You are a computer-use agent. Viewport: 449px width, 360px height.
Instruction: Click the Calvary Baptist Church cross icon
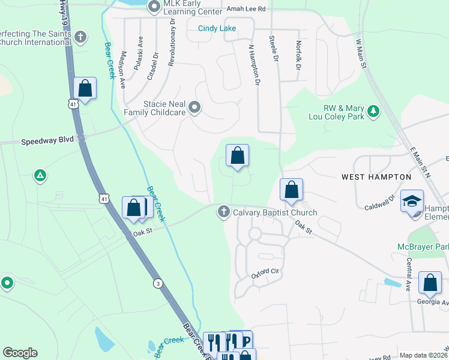click(224, 211)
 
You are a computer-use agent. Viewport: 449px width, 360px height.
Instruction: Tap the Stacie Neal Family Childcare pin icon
click(194, 108)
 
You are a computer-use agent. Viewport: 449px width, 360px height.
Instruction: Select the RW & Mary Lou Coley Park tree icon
click(374, 111)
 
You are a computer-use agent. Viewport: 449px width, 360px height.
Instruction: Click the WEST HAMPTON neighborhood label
click(376, 177)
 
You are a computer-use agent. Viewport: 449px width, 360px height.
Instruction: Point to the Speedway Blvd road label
click(47, 142)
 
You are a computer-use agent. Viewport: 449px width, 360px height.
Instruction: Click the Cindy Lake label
click(217, 29)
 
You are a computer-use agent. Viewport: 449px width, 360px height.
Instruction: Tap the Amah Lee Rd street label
click(246, 9)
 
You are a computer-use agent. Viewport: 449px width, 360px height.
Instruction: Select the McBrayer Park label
click(423, 247)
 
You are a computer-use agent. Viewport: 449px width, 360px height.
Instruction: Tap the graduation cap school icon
click(412, 201)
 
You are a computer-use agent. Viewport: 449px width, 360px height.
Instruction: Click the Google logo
click(20, 353)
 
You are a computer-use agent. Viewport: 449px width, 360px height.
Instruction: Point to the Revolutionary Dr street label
click(172, 41)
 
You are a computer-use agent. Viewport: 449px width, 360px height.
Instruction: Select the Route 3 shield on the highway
click(157, 284)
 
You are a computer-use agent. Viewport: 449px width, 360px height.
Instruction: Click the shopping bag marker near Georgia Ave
click(430, 283)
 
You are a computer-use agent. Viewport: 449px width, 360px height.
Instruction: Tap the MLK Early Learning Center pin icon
click(154, 7)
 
